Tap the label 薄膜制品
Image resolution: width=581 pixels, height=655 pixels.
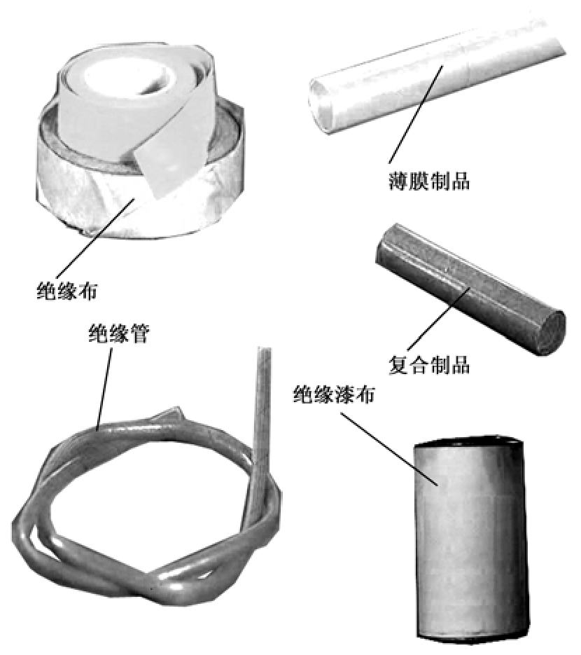[x=428, y=181]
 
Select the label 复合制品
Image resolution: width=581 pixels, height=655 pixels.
[x=429, y=365]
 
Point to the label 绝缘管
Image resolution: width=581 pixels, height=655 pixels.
[x=119, y=333]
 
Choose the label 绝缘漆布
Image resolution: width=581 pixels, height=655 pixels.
[x=334, y=394]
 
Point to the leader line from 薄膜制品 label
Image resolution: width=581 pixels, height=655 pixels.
[x=416, y=114]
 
